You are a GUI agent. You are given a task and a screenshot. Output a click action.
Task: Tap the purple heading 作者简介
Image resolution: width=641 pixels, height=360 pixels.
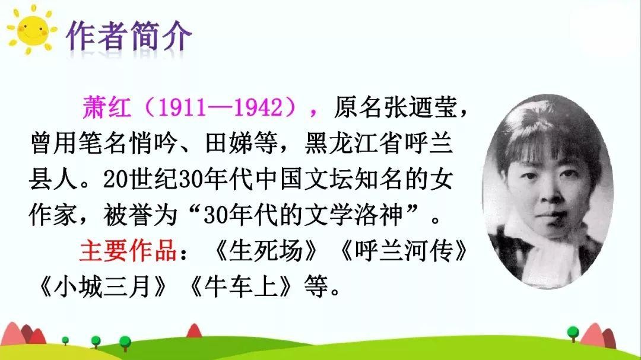[x=129, y=36]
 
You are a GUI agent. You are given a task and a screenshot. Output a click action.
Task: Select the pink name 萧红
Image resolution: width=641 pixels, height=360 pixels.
[x=106, y=107]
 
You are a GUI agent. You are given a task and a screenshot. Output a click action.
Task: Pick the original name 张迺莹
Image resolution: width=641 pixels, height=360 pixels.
[x=420, y=107]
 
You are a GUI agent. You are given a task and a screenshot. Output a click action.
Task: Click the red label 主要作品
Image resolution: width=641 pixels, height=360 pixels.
[x=128, y=250]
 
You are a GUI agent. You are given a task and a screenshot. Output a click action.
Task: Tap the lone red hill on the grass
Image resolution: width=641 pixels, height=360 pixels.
[x=194, y=330]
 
